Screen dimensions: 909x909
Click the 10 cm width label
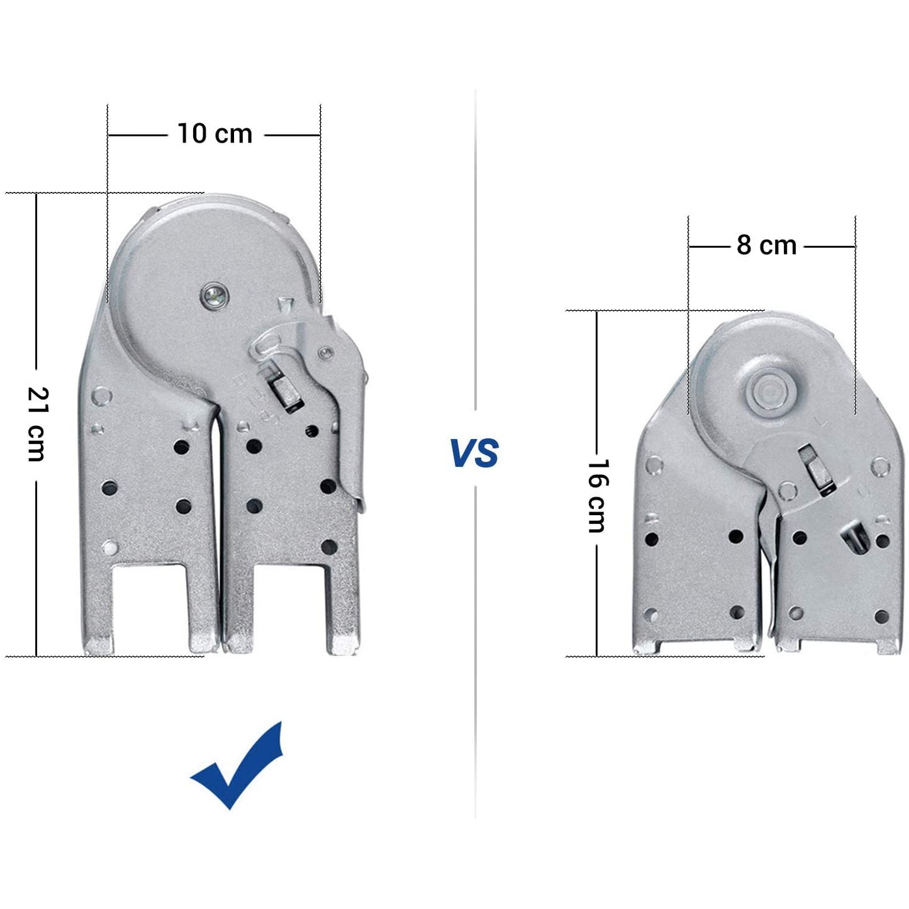[x=215, y=133]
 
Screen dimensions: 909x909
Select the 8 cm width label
[x=767, y=245]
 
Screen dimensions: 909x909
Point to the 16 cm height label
[x=597, y=496]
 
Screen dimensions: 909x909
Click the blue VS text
[x=474, y=454]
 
